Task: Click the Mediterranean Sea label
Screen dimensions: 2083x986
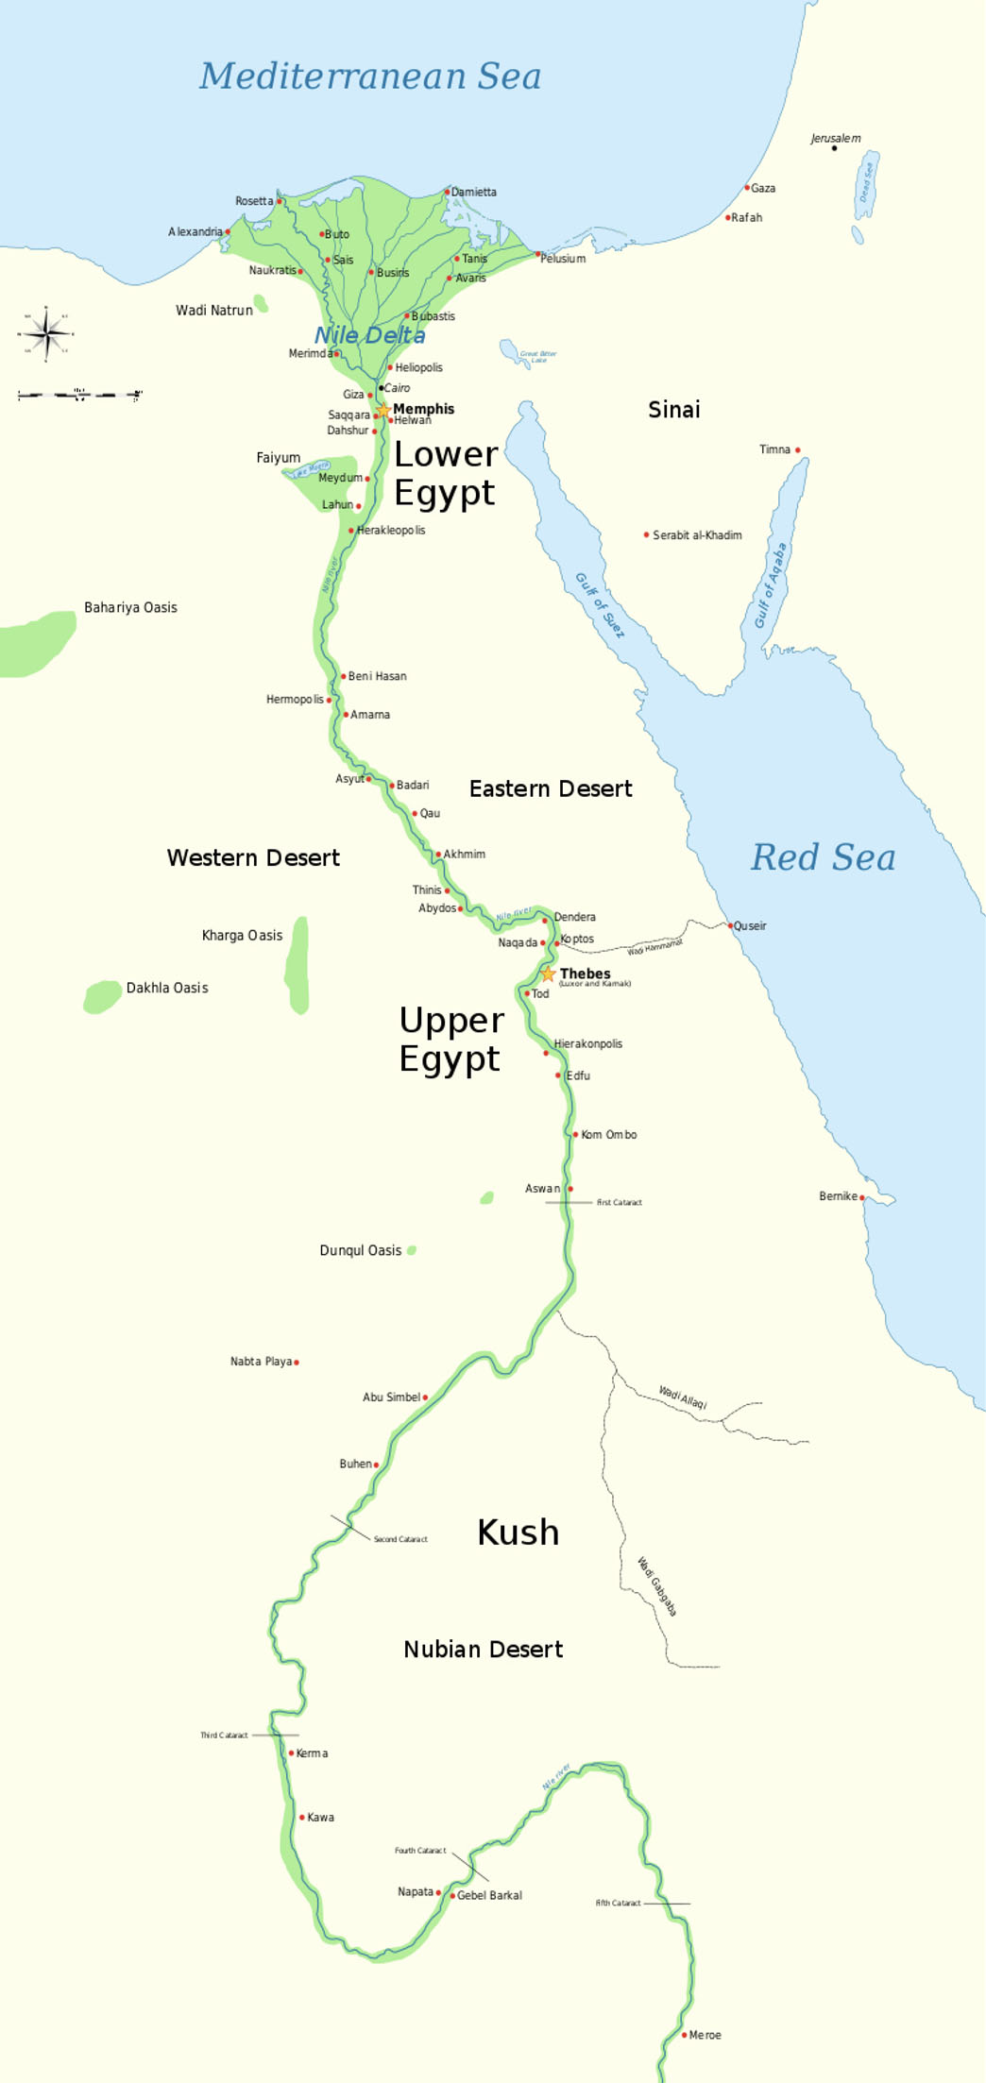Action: pos(369,76)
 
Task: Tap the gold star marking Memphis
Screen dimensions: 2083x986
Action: pos(383,411)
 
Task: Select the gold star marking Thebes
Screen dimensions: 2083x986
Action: pos(548,974)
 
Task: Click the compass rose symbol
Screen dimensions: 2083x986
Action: pos(45,333)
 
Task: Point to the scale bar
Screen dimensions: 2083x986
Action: pos(79,395)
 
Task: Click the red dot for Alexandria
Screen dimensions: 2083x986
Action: pos(228,231)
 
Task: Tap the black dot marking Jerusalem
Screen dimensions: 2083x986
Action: pos(834,148)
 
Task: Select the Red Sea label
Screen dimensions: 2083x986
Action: pos(823,857)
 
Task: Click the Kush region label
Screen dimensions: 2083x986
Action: pos(518,1533)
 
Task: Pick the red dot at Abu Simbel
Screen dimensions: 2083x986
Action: pos(425,1397)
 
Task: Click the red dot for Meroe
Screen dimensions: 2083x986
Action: pos(685,2035)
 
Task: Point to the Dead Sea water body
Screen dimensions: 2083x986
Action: pos(866,184)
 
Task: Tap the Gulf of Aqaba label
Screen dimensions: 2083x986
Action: pos(770,586)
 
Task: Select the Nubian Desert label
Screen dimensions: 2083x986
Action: pos(483,1650)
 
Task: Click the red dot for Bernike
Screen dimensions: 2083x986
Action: pos(862,1197)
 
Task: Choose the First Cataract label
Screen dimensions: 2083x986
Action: pos(619,1203)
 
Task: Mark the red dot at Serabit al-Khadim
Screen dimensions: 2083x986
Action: pos(646,534)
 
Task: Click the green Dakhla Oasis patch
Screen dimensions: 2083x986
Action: pos(101,996)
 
